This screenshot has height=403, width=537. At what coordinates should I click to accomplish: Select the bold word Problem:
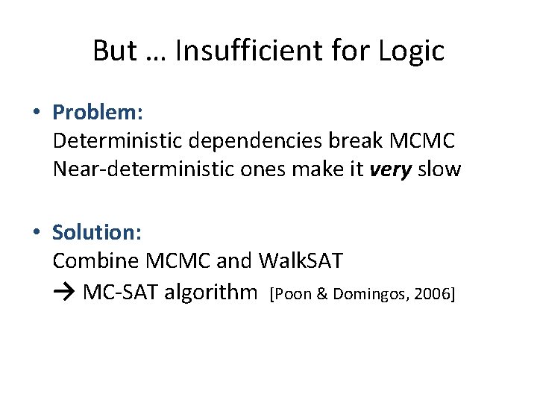(98, 113)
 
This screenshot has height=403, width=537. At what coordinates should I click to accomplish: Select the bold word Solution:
(97, 232)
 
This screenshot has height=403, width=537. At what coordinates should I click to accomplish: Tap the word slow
(439, 169)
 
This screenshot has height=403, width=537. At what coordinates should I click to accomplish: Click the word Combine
(96, 260)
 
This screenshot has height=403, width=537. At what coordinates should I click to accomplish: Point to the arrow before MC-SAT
(65, 291)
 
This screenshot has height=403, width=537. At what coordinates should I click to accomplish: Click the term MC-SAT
(120, 291)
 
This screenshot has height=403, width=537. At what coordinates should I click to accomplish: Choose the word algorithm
(210, 291)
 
